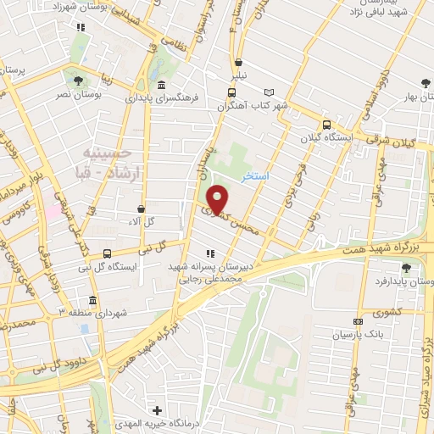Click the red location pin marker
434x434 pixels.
click(218, 199)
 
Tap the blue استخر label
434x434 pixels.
click(255, 175)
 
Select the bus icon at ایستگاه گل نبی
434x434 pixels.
click(107, 253)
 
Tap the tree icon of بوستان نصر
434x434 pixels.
click(79, 81)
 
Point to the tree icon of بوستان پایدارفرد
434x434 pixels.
click(406, 269)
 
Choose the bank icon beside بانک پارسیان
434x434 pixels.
click(358, 322)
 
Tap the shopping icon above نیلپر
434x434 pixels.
click(240, 62)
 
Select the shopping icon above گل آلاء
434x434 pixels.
click(141, 208)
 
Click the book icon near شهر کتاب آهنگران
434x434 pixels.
click(270, 92)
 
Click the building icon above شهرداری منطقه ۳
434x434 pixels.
click(92, 299)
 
